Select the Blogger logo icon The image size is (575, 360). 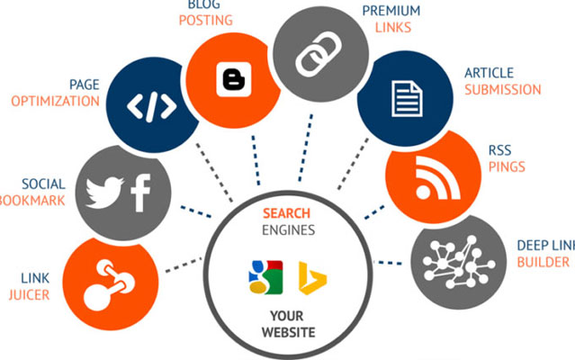pyautogui.click(x=232, y=79)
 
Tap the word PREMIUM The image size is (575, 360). pyautogui.click(x=391, y=11)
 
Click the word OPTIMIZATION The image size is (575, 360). pyautogui.click(x=55, y=101)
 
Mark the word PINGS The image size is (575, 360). pyautogui.click(x=508, y=167)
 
